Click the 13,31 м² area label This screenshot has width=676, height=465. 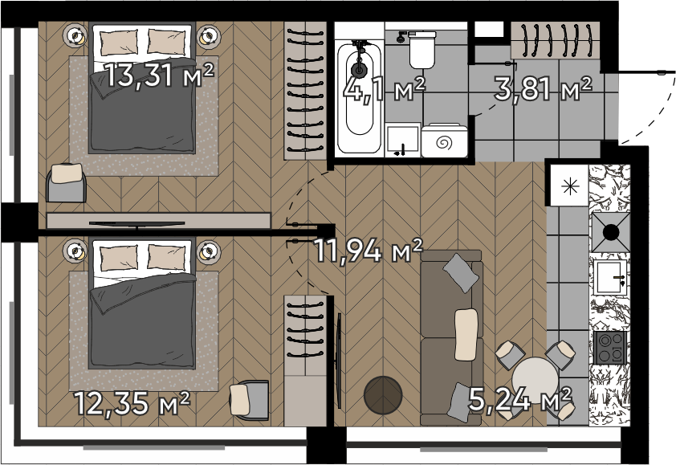pos(160,75)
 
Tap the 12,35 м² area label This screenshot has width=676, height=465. pos(132,403)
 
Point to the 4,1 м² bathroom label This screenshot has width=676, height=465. pos(385,89)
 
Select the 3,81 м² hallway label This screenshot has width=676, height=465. pos(543,88)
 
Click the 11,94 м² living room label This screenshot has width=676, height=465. pos(369,251)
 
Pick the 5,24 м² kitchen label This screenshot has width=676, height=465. pos(520,399)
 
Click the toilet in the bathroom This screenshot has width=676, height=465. pos(422,50)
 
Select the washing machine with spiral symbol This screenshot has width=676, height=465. pos(444,141)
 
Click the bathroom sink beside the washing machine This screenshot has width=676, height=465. pos(403,140)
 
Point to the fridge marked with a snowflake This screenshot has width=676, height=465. pos(569,186)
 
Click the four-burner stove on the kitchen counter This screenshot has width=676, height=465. pos(609,348)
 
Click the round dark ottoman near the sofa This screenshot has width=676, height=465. pos(383,395)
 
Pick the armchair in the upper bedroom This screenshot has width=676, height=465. pos(66,182)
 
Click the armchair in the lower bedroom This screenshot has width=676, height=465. pos(250,400)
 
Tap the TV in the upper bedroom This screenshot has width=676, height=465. pos(136,223)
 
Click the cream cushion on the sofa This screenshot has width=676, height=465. pos(466,335)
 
